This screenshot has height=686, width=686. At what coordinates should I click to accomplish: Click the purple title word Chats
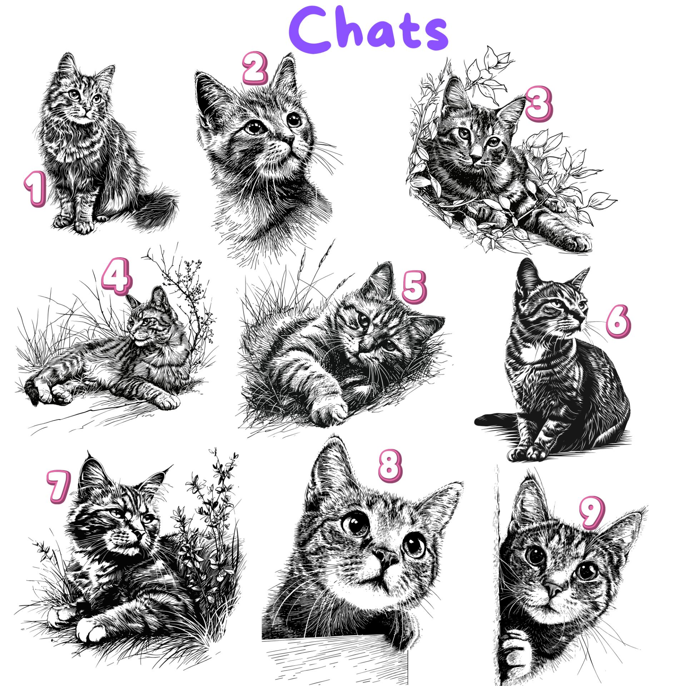368,30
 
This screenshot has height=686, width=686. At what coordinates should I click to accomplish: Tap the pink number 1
36,189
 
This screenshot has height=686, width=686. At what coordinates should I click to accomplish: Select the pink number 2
255,68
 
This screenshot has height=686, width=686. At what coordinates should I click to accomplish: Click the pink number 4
117,276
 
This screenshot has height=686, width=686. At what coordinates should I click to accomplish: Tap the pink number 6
618,322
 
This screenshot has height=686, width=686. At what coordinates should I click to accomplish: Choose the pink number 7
59,487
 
